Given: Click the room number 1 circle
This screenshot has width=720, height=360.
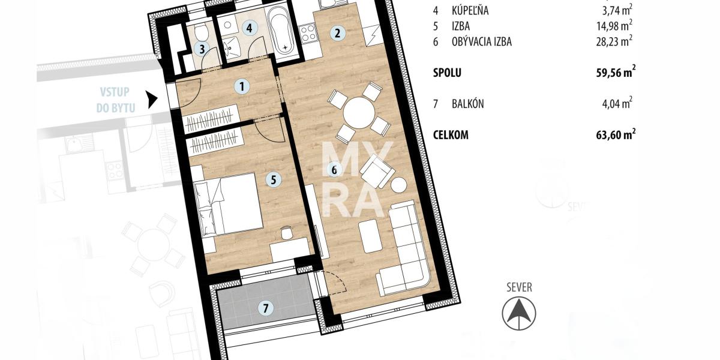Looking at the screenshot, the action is (x=242, y=86).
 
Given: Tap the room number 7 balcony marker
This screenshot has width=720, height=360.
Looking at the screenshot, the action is (x=265, y=308).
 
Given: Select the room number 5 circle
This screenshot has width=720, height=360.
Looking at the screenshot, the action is (x=273, y=179).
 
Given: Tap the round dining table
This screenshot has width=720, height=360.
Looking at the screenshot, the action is (x=359, y=113).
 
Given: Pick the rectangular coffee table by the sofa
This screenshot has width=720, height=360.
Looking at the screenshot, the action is (x=371, y=236).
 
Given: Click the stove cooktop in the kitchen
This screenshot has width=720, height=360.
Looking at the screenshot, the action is (x=308, y=34).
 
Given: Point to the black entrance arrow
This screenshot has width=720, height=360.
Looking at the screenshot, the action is (x=152, y=100).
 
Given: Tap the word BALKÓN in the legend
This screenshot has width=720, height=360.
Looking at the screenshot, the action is (x=467, y=104).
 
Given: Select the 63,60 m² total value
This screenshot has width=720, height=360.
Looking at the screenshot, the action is (x=616, y=134).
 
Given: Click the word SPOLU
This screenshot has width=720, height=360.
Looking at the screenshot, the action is (x=447, y=73).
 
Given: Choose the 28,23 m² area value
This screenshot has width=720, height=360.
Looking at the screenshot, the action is (x=614, y=41).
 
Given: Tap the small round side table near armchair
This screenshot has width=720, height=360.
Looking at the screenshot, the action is (x=399, y=185).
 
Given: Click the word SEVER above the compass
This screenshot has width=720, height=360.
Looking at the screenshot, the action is (x=519, y=287).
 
